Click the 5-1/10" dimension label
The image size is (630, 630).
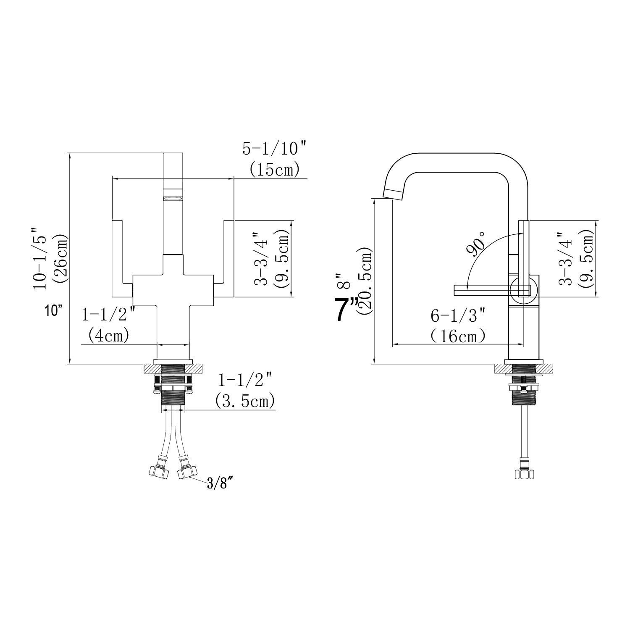click(275, 149)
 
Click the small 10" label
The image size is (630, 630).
click(54, 311)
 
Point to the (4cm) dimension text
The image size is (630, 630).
click(109, 336)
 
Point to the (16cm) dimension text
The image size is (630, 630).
click(458, 336)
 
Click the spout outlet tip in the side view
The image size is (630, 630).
click(393, 194)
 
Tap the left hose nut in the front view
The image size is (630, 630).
click(159, 471)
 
